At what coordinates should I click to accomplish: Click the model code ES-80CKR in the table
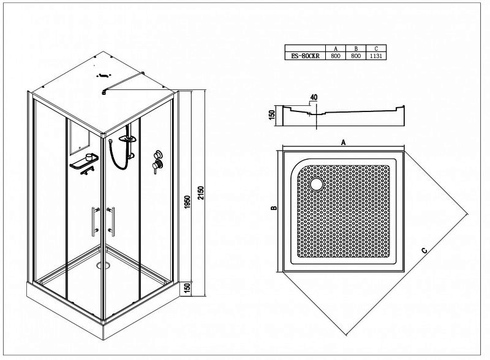coord(305,56)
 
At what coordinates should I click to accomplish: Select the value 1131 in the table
coord(376,56)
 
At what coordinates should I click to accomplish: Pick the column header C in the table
coord(376,48)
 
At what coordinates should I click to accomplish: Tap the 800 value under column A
coord(336,56)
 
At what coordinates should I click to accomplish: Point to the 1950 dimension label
coord(187,202)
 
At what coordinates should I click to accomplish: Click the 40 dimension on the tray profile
coord(314,97)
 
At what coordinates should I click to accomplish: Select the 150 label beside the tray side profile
coord(271,114)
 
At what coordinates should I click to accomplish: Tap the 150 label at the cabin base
coord(187,288)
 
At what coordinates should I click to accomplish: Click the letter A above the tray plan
coord(343,143)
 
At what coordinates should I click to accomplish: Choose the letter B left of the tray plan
coord(274,208)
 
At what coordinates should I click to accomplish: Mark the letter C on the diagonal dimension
coord(424,250)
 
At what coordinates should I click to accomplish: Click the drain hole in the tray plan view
coord(317,184)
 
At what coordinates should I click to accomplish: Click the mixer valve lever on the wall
coord(156,167)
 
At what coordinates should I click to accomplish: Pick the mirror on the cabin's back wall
coord(80,138)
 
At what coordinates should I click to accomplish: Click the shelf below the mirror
coord(84,162)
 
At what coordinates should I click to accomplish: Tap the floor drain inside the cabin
coord(103,265)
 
